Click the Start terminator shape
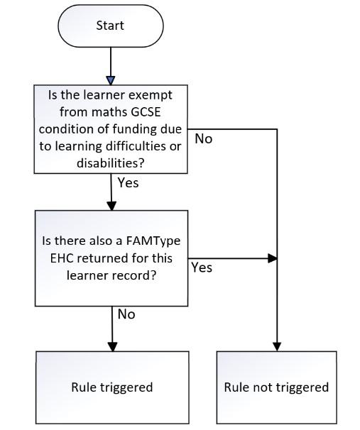[111, 26]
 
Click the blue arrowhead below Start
[111, 81]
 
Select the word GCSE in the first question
[146, 112]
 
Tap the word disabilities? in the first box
[111, 163]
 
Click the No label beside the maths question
[204, 139]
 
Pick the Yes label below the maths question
[128, 182]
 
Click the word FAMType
[153, 241]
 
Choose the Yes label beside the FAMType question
[202, 268]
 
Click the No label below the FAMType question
[126, 314]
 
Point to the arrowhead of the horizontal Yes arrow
[272, 258]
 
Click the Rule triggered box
[112, 387]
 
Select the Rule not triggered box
[277, 387]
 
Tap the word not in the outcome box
[263, 387]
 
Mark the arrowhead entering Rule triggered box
[112, 347]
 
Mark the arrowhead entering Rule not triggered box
[277, 347]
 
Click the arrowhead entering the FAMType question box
[111, 206]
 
